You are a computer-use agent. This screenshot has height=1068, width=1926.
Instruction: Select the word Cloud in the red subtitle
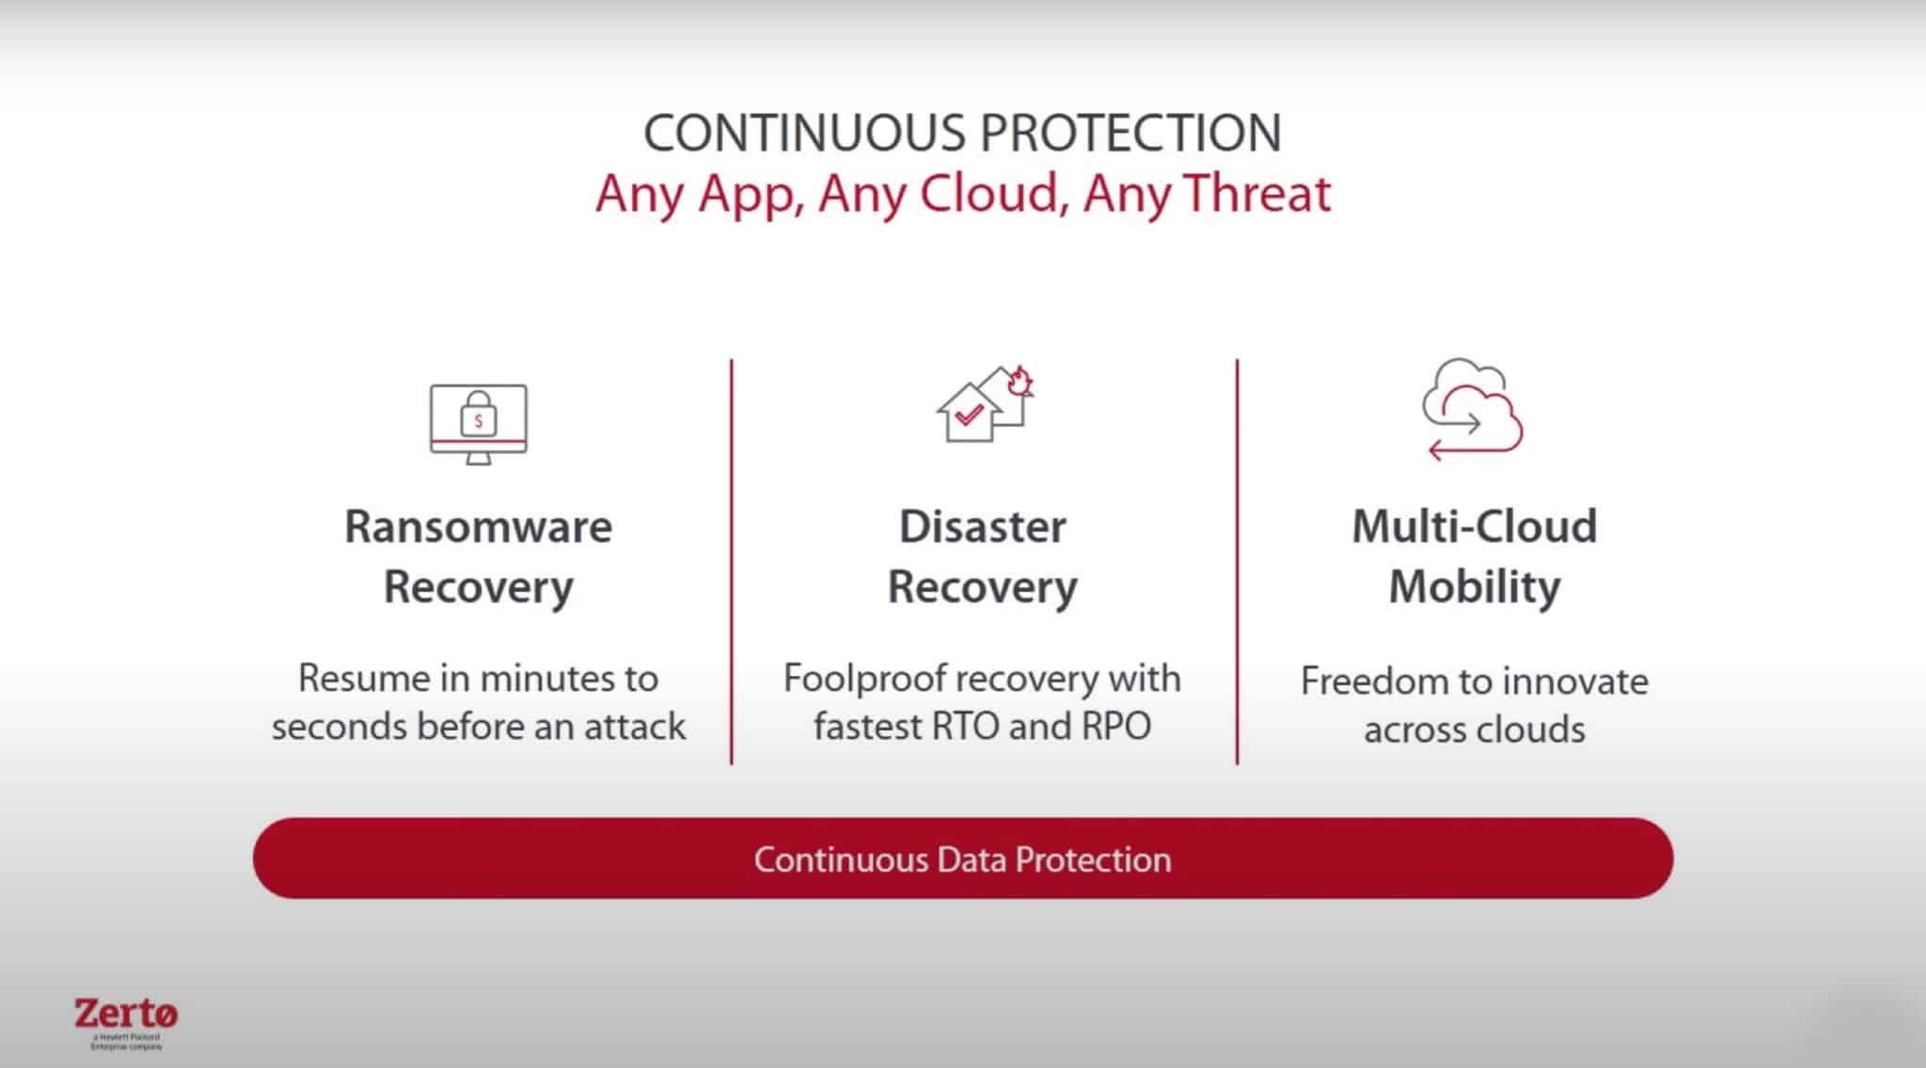(991, 194)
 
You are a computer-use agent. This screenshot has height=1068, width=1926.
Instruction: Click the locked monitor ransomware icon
(479, 423)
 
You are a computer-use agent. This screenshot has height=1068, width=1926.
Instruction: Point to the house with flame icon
(985, 404)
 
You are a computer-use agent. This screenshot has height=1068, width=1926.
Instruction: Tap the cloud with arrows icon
(1473, 409)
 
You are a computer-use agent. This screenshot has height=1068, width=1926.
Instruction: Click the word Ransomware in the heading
(478, 526)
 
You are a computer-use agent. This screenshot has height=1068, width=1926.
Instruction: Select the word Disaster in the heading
(983, 526)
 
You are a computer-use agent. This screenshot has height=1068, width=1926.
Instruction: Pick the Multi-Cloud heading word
(1475, 526)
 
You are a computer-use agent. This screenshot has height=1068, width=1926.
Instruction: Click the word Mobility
(1475, 587)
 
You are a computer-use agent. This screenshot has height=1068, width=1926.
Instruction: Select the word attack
(635, 727)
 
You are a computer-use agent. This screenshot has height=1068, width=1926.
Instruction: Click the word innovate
(1585, 682)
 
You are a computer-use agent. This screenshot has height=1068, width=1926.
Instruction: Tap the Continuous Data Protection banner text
(963, 859)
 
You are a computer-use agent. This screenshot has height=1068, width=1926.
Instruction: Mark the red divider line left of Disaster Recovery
(732, 561)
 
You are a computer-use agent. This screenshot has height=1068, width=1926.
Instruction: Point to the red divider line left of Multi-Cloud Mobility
(1237, 561)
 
